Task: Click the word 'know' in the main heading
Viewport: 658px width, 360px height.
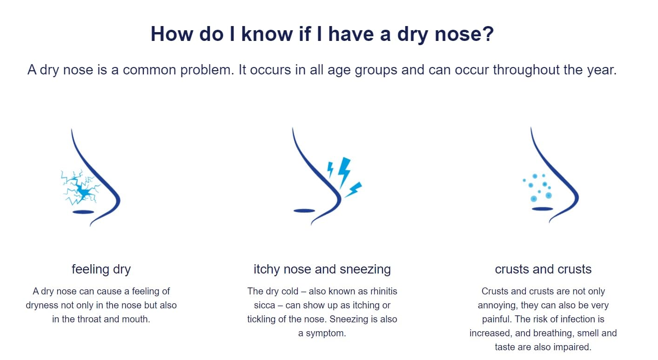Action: click(x=267, y=34)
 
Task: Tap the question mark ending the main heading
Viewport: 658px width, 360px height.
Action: click(x=488, y=33)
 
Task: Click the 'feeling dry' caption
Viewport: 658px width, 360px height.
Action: click(x=101, y=269)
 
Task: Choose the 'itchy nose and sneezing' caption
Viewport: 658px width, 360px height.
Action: click(x=322, y=269)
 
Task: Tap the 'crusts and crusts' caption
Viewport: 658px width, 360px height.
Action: click(x=543, y=269)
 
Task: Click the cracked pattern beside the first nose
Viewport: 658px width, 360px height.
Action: click(x=80, y=187)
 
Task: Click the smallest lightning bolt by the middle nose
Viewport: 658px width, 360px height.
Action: click(x=330, y=170)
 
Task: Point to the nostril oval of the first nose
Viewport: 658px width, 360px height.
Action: click(x=83, y=212)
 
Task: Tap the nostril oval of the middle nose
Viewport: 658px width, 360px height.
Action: click(x=304, y=211)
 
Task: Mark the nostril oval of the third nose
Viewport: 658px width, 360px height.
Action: click(x=542, y=209)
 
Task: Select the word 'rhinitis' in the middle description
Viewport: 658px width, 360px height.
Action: click(x=383, y=291)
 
